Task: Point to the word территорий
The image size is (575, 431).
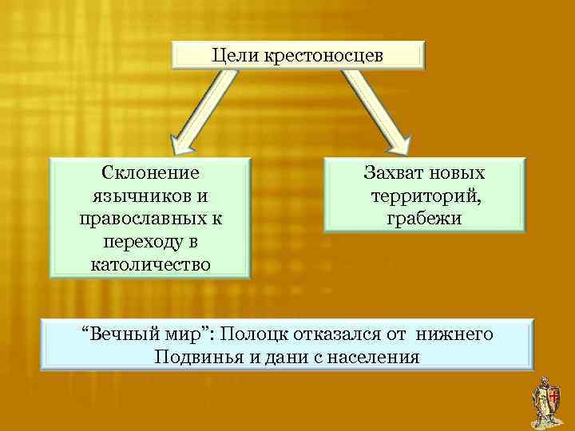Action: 423,196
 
